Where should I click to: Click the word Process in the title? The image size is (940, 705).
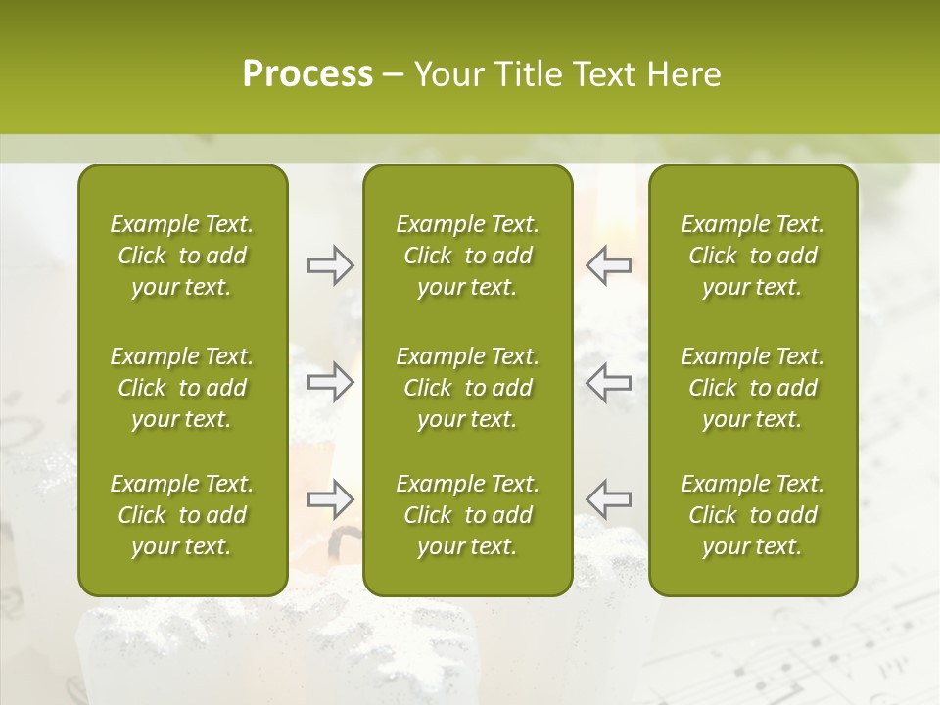[307, 74]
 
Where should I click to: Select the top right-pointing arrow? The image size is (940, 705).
[331, 265]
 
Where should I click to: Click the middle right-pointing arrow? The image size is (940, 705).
[331, 382]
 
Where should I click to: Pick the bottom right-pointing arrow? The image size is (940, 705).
[331, 499]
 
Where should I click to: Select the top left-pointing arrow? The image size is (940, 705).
[609, 265]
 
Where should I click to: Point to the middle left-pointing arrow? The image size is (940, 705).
[609, 382]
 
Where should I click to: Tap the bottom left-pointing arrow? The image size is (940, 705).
[609, 499]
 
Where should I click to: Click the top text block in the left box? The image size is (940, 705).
[182, 256]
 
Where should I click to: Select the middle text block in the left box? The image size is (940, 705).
[182, 388]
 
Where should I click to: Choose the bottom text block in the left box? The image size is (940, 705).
[182, 515]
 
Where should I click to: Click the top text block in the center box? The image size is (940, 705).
[467, 256]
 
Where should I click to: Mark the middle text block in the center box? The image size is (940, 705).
[467, 388]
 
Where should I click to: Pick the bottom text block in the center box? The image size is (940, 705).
[467, 515]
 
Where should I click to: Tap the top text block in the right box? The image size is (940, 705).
[752, 256]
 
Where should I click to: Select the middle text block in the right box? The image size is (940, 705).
[752, 388]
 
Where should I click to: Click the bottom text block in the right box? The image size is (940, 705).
[752, 515]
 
